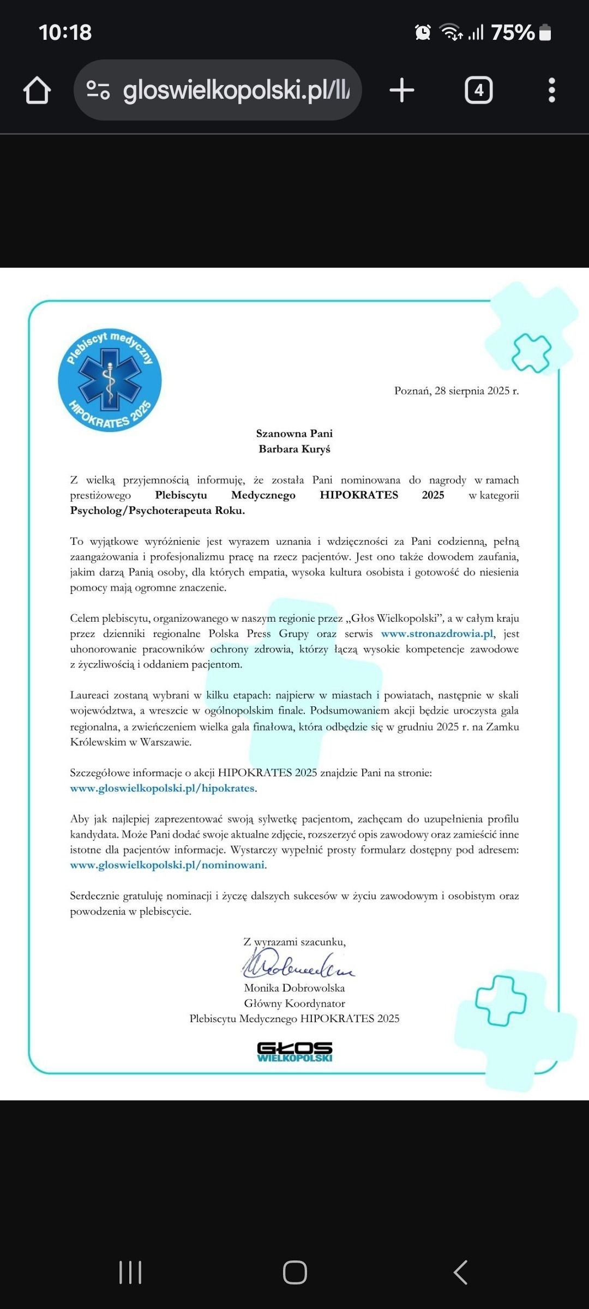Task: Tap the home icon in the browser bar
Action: point(37,90)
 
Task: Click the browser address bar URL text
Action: point(236,90)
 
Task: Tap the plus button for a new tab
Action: point(402,90)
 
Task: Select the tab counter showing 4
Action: point(478,90)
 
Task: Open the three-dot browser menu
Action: point(551,90)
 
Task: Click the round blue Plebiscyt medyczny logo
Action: point(110,380)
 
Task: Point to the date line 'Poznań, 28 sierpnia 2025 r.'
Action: point(456,391)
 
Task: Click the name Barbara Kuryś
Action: point(294,449)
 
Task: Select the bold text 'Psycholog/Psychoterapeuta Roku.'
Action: point(157,511)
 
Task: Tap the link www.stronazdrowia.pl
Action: point(437,634)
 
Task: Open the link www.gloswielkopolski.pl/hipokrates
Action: point(163,788)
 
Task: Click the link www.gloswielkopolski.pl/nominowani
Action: point(167,865)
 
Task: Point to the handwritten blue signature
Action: point(297,964)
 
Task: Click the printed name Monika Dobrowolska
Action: point(294,988)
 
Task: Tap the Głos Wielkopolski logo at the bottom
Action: point(294,1052)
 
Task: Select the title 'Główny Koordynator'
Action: point(294,1003)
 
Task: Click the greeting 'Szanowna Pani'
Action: point(294,434)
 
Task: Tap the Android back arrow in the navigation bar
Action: point(460,1272)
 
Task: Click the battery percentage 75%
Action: point(513,33)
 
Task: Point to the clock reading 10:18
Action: point(65,33)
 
